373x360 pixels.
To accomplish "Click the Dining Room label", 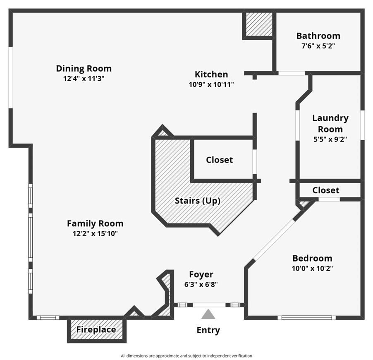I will [84, 68].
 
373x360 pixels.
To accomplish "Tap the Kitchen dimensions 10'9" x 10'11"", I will [211, 84].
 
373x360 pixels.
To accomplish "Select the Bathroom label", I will [318, 36].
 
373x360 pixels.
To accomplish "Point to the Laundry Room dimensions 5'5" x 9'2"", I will [330, 139].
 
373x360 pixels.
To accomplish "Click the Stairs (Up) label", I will [197, 201].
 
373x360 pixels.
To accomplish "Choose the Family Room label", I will [95, 223].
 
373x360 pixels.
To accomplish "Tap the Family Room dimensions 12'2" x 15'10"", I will [95, 234].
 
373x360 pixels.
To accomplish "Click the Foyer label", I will [201, 274].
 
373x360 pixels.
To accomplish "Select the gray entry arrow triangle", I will [208, 315].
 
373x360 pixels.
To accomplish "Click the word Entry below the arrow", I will [208, 330].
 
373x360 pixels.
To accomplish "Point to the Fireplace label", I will [96, 330].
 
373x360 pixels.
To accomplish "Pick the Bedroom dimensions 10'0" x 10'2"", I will [312, 268].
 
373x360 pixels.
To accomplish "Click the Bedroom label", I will [312, 258].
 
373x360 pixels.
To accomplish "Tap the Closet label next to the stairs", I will [220, 160].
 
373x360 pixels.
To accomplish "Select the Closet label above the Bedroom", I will [326, 190].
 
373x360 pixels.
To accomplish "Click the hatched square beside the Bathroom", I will [259, 24].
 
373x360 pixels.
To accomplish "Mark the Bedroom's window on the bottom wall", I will [306, 318].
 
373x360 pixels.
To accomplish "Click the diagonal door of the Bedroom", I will [274, 240].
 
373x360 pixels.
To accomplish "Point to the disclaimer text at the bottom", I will [186, 355].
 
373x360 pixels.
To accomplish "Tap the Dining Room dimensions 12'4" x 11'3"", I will [84, 79].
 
